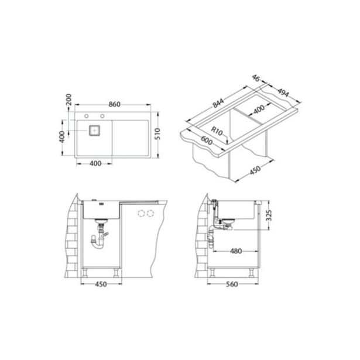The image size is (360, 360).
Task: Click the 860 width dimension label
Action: pos(114,104)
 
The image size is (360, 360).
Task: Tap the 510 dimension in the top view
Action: pos(157,134)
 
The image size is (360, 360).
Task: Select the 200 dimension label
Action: pos(68,100)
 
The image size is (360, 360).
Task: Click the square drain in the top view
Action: pos(94,131)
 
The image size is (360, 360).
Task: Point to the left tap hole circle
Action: pos(87,116)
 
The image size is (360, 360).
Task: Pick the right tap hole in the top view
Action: pos(102,116)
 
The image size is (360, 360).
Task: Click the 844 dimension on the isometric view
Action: pos(218,103)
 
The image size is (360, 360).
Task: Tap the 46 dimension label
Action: pos(256,78)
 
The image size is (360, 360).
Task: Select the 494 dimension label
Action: pos(283,92)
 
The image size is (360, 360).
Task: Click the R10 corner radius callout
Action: pos(217,131)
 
